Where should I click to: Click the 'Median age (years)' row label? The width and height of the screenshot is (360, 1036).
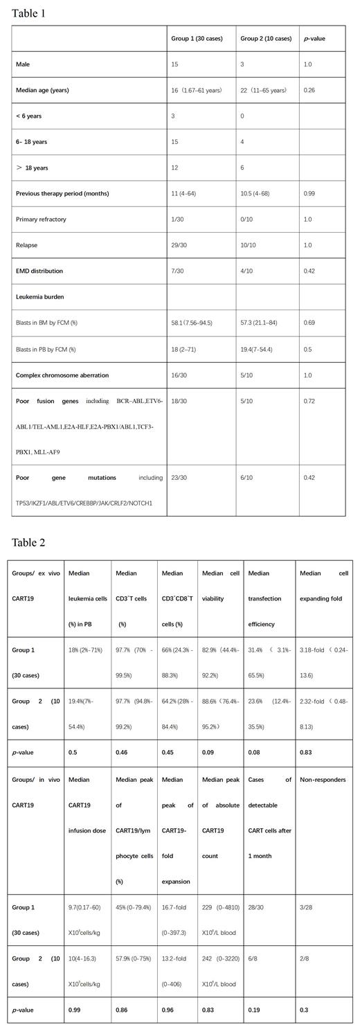coord(43,90)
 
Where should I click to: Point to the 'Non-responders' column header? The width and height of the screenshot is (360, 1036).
coord(321,780)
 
